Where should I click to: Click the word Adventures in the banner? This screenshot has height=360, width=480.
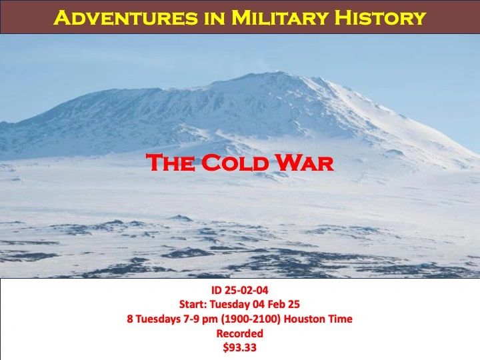[126, 17]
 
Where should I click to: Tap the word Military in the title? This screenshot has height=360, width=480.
[279, 17]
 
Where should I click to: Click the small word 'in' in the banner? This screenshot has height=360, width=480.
[215, 17]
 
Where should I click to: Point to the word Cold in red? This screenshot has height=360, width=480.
[235, 163]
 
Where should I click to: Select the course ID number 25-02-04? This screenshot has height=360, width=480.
[247, 290]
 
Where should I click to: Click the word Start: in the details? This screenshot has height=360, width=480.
[193, 304]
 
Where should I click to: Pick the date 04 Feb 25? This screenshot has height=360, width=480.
[276, 304]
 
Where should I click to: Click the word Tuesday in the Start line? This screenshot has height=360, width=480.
[230, 305]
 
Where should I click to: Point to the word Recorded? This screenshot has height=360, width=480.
[240, 333]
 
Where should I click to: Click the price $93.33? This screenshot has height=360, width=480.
[240, 348]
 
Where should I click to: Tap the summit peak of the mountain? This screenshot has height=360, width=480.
[278, 72]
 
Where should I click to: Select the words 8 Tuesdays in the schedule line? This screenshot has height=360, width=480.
[154, 319]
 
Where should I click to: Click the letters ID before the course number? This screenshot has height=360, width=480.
[217, 290]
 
